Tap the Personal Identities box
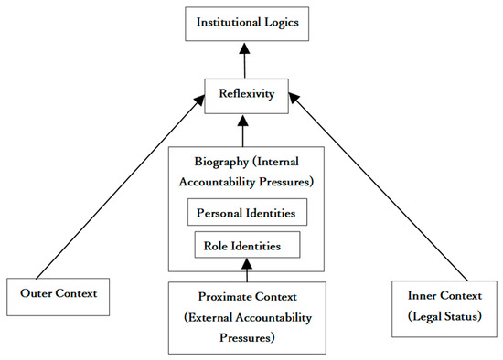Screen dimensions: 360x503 point(247,213)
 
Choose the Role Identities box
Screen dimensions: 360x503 point(247,245)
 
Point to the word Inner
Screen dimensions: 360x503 point(419,297)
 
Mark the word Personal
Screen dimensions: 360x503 point(219,213)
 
